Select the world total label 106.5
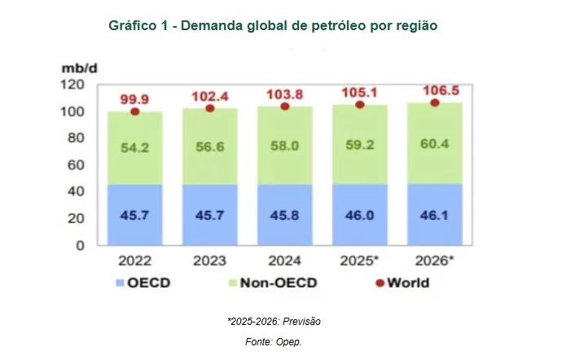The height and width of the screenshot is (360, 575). click(435, 88)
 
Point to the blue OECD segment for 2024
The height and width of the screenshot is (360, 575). click(284, 215)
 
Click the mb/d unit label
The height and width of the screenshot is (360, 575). click(80, 68)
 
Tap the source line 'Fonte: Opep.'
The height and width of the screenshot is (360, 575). click(273, 342)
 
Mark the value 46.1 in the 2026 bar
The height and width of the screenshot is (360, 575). click(434, 215)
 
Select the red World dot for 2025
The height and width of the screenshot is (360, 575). click(360, 105)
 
